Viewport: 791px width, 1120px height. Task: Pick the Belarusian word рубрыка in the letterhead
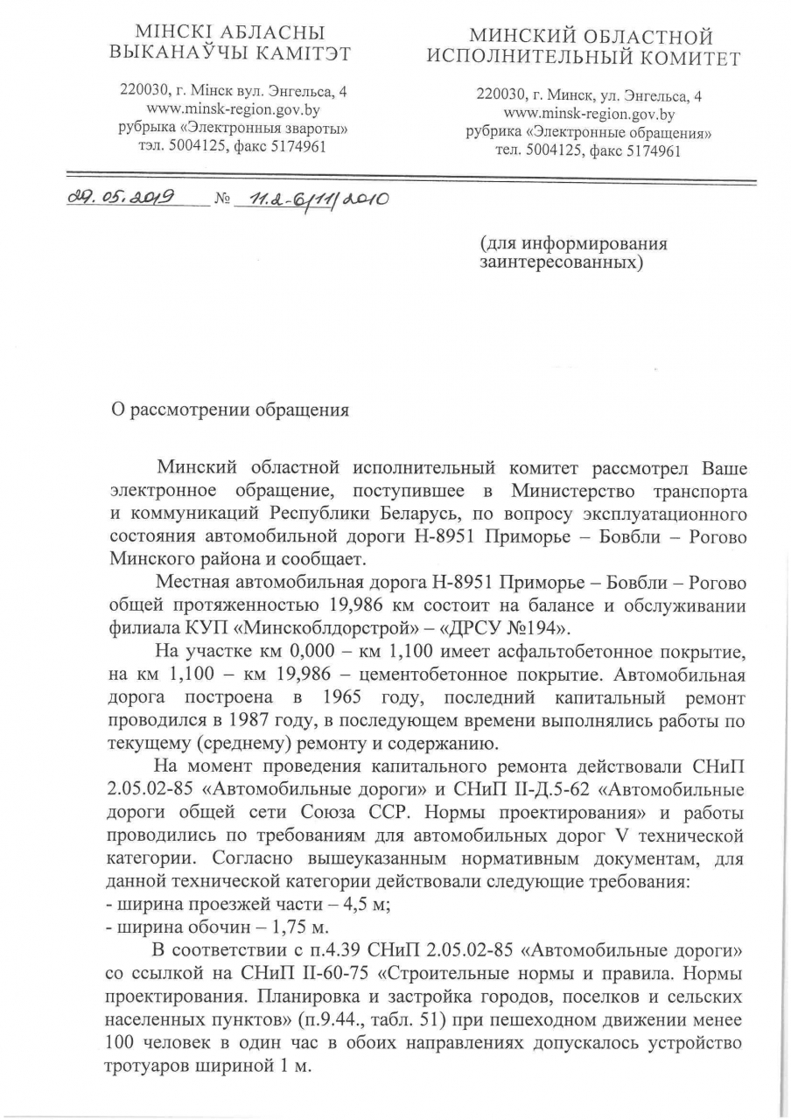146,129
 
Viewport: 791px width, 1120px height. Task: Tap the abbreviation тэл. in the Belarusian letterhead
150,146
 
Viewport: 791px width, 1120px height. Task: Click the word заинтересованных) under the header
562,261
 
